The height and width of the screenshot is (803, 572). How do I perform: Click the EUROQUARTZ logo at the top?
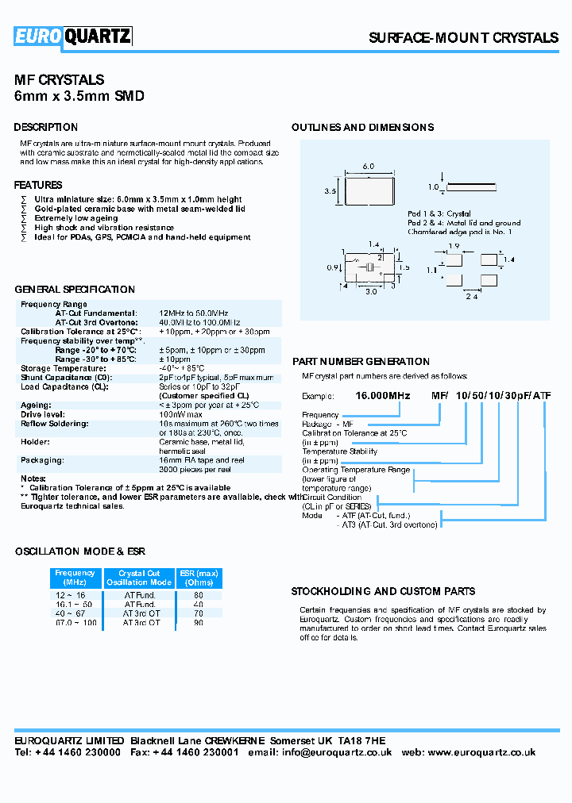click(x=73, y=36)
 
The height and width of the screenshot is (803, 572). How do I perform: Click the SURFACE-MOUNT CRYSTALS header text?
click(x=463, y=37)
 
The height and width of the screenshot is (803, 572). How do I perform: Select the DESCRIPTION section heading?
click(x=46, y=127)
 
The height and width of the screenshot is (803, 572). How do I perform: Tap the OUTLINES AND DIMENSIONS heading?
click(x=362, y=127)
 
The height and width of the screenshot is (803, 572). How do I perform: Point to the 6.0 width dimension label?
click(x=369, y=167)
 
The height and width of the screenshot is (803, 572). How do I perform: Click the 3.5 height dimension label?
click(x=331, y=191)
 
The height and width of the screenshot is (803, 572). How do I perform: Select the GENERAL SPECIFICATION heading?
click(x=75, y=290)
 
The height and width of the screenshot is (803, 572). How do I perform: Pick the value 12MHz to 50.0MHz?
click(x=195, y=313)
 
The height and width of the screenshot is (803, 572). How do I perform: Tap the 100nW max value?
click(x=181, y=414)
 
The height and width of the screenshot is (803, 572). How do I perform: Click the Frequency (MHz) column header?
click(x=75, y=578)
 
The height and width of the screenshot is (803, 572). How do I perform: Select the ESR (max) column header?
click(x=198, y=578)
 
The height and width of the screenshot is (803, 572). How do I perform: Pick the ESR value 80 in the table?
click(x=198, y=594)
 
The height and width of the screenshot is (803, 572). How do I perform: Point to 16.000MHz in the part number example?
click(x=382, y=395)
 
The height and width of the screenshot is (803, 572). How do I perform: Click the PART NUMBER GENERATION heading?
click(x=361, y=362)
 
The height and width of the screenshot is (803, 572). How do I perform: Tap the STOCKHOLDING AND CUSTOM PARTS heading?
click(x=383, y=591)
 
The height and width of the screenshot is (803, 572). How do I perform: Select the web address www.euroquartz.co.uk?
click(x=481, y=752)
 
